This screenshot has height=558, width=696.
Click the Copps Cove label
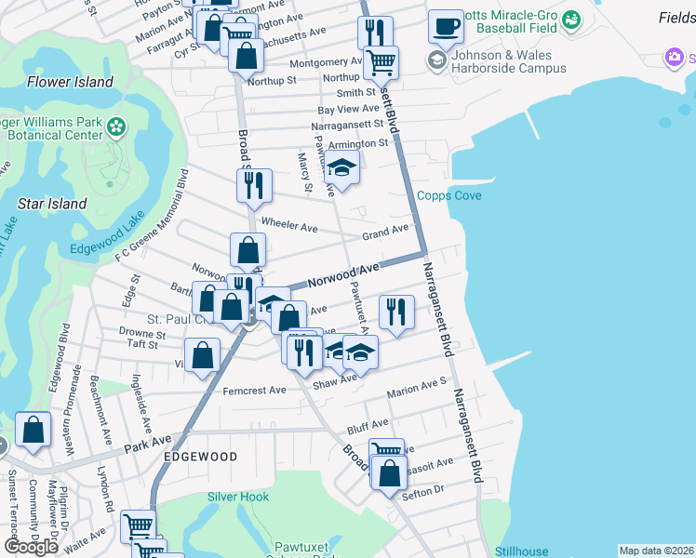coord(448,195)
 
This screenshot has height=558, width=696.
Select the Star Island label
coord(52,203)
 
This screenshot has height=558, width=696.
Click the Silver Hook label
coord(237,498)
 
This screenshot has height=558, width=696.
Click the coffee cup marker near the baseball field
coord(446,27)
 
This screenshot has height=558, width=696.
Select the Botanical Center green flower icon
coord(116,126)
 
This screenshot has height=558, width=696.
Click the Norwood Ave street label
coord(343,274)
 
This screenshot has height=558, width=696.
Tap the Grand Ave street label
coord(385,230)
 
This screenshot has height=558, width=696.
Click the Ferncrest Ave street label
coord(254,391)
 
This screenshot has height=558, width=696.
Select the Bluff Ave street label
coord(367,427)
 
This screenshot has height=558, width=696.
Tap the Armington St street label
coord(358,143)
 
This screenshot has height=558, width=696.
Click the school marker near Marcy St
coord(341,169)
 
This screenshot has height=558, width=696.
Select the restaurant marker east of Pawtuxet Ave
coord(396,312)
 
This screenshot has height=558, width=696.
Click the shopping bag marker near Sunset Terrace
coord(33,431)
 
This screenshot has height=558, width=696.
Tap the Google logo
coord(31,547)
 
